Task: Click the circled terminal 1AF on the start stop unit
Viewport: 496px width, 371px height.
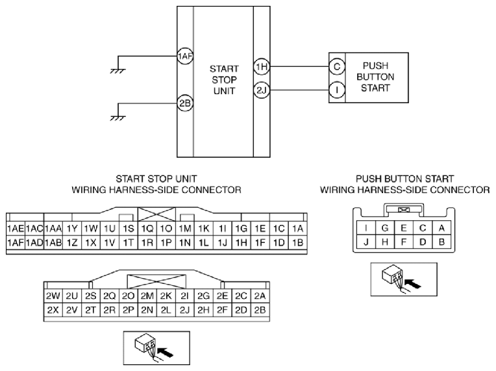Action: (x=185, y=57)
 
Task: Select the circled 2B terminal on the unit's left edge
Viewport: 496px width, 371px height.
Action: (x=185, y=103)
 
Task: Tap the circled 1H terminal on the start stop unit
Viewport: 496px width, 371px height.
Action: (x=262, y=67)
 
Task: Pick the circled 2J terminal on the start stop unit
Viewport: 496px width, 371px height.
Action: (x=262, y=90)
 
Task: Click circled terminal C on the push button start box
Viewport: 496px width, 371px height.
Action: (x=337, y=66)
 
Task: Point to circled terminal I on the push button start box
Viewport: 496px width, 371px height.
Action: (x=337, y=90)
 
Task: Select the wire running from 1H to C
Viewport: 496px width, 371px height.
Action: (x=299, y=66)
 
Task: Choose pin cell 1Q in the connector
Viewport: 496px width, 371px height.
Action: (x=147, y=229)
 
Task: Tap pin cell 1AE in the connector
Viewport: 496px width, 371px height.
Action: (x=16, y=229)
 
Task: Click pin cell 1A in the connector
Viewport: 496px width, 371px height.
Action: (x=297, y=229)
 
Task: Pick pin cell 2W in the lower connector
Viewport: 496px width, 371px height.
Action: (x=53, y=296)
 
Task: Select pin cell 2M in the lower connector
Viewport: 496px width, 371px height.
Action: (x=147, y=296)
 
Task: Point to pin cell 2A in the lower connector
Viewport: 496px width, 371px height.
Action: (x=260, y=296)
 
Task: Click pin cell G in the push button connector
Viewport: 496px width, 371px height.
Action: (x=385, y=228)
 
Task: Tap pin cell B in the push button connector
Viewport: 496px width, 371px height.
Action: (x=442, y=242)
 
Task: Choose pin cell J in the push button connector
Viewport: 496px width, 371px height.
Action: (x=366, y=242)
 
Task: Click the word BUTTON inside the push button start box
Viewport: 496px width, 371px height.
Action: (x=375, y=77)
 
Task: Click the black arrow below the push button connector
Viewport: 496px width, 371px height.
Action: (x=413, y=283)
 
